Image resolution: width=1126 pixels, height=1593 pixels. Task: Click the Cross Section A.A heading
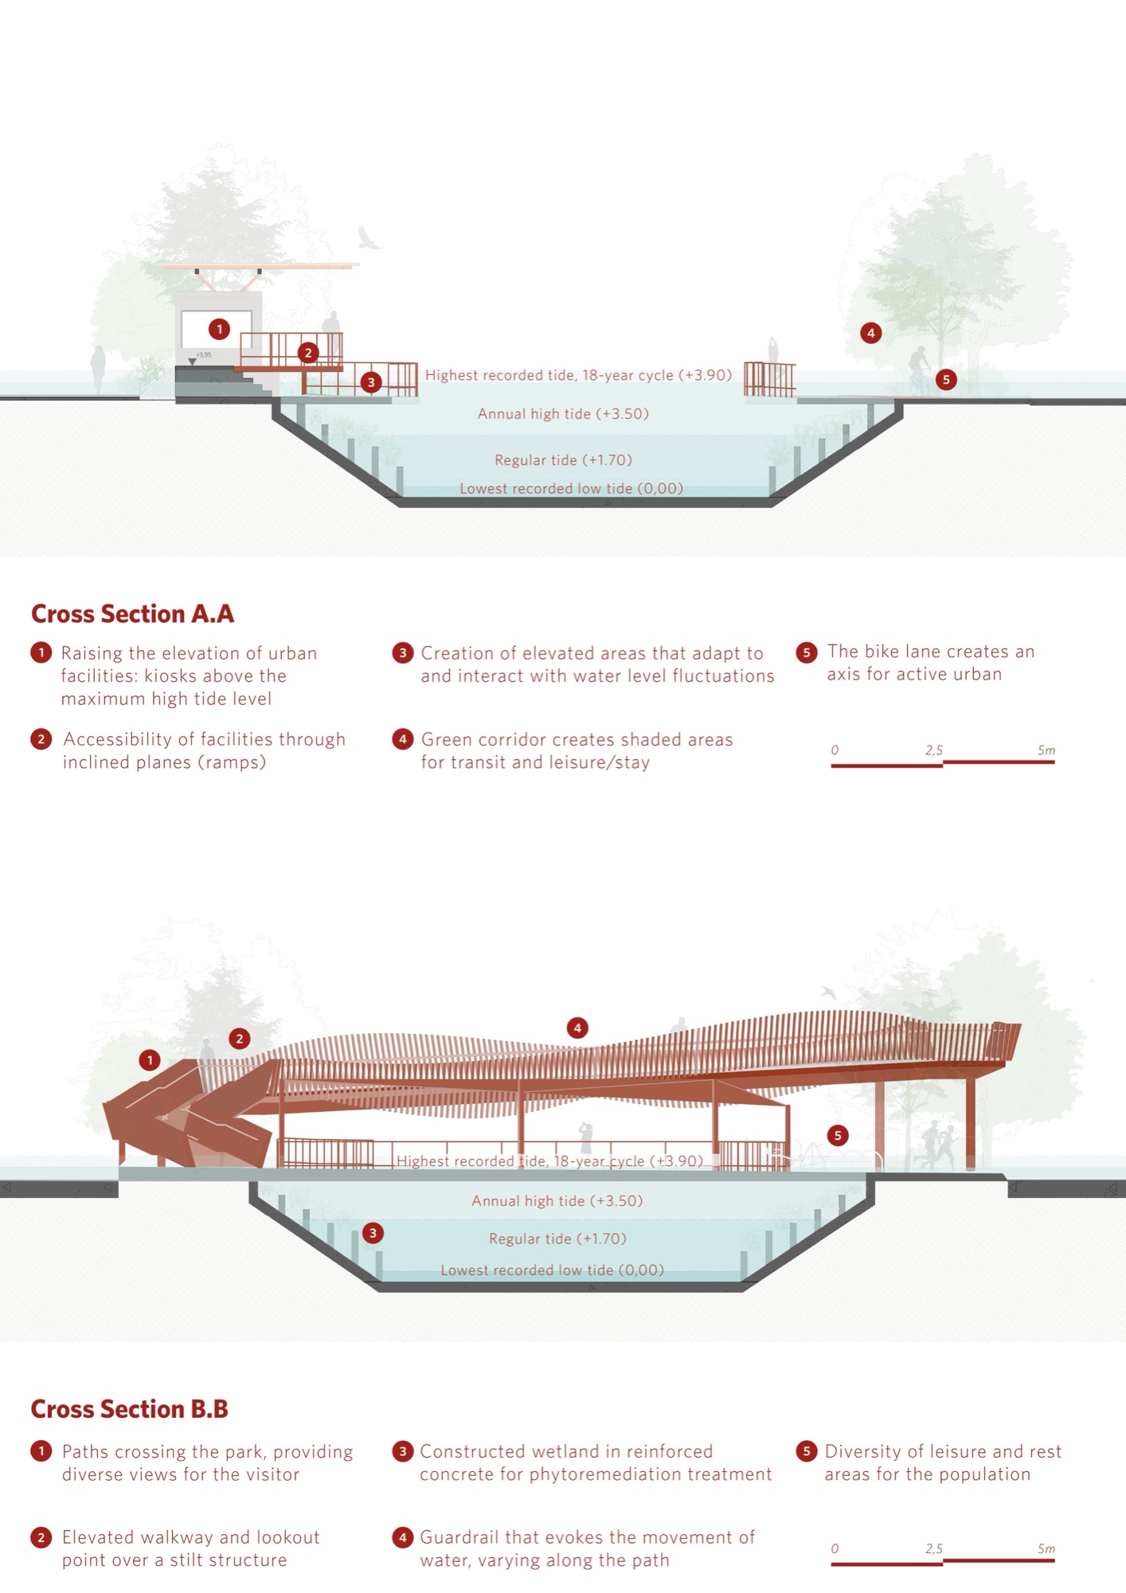point(132,614)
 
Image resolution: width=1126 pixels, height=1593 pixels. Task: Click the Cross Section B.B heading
point(129,1409)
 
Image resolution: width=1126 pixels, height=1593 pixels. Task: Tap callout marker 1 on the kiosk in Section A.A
point(219,328)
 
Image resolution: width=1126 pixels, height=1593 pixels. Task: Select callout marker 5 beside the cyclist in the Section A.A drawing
point(946,379)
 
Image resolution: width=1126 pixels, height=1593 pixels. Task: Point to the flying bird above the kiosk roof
point(368,237)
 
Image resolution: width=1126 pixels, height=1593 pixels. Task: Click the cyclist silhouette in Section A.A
point(920,369)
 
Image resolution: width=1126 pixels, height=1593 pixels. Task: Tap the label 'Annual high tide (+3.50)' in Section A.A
point(563,413)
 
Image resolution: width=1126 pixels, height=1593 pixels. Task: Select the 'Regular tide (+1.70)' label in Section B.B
point(557,1239)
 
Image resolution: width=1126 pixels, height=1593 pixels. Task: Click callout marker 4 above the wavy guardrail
point(577,1027)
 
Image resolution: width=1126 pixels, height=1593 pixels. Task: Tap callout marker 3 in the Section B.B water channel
point(373,1233)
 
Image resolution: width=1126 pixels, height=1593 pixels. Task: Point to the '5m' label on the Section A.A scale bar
point(1046,750)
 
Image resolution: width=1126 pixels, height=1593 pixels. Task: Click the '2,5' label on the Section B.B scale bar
point(934,1548)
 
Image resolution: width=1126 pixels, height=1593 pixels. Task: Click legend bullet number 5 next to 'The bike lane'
point(807,652)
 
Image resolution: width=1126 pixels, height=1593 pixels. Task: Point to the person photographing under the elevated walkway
point(586,1138)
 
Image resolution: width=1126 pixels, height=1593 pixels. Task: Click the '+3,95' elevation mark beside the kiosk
point(204,354)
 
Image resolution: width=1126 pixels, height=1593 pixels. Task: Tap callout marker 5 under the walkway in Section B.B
point(838,1135)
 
